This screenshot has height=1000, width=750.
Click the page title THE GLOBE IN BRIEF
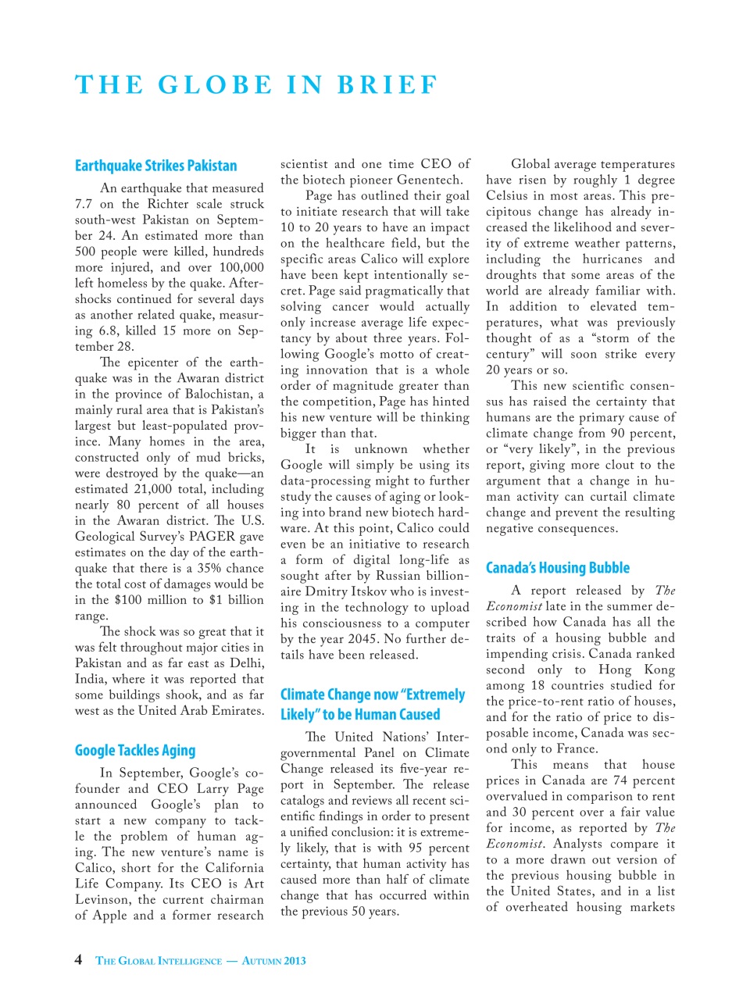[x=256, y=85]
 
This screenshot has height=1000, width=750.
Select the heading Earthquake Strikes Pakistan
[x=155, y=166]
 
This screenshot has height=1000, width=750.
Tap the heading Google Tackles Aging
[x=135, y=751]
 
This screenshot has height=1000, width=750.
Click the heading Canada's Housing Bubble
[x=557, y=568]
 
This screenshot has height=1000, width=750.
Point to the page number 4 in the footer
[x=78, y=959]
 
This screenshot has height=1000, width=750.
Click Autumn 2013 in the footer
[x=273, y=961]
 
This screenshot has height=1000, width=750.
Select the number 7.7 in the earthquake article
[x=84, y=204]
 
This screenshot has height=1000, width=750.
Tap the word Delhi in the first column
[x=246, y=663]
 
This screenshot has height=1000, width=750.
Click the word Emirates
[x=230, y=711]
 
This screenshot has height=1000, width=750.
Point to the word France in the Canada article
[x=576, y=748]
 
